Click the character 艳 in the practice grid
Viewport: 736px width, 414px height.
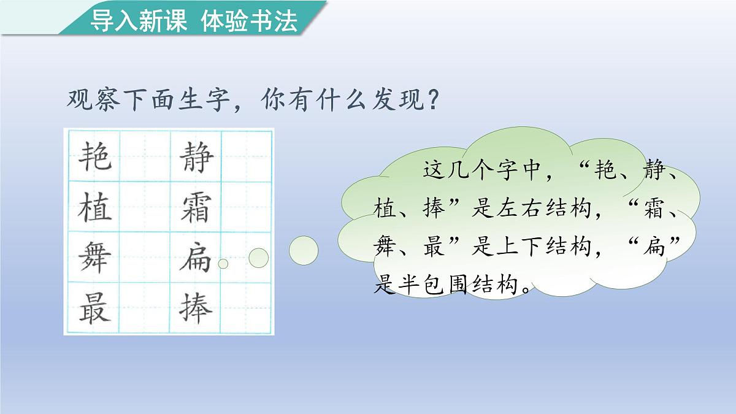click(x=96, y=156)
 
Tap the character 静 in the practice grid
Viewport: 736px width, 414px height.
click(x=196, y=156)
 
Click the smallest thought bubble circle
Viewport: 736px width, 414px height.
click(x=223, y=264)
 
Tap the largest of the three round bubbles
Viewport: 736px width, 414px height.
click(x=304, y=250)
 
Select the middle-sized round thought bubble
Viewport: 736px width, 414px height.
click(x=258, y=258)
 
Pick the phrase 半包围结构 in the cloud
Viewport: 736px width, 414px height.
click(x=461, y=285)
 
